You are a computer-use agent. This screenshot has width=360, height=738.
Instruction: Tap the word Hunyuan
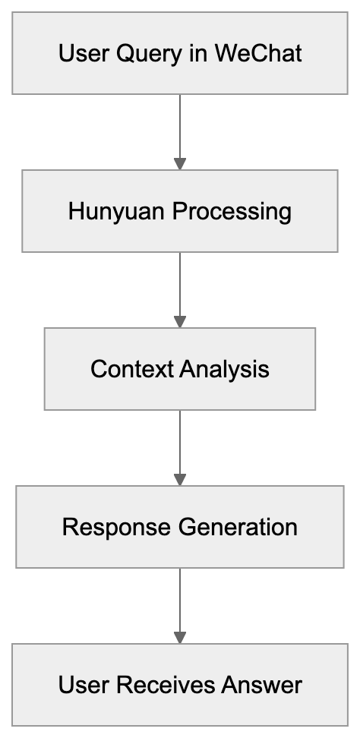[116, 211]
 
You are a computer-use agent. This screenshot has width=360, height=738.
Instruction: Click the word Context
[131, 369]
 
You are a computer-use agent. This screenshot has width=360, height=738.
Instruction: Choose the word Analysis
[224, 369]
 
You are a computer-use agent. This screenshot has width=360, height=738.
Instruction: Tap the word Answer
[261, 685]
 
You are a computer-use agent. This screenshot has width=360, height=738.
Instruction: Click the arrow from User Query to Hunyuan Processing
[180, 126]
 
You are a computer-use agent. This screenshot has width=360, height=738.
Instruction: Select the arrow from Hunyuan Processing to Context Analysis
[180, 284]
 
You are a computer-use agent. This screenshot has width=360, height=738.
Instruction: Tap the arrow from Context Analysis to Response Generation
[180, 442]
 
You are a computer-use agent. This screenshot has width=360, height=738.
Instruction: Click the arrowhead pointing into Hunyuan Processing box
[180, 163]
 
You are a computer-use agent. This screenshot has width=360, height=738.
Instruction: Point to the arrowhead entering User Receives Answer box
[180, 637]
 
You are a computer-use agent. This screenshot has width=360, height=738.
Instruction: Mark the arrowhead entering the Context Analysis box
[180, 321]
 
